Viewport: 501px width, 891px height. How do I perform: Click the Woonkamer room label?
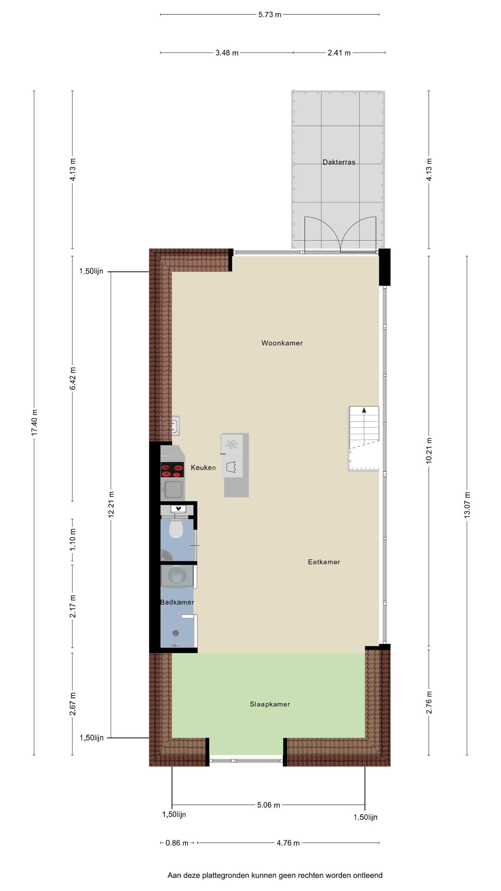pyautogui.click(x=282, y=343)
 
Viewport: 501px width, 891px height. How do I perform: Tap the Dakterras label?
pyautogui.click(x=339, y=162)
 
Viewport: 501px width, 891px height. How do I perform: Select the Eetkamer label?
pyautogui.click(x=324, y=562)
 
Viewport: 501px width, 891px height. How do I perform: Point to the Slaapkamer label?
pyautogui.click(x=270, y=704)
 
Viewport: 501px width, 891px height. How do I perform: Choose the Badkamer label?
pyautogui.click(x=177, y=602)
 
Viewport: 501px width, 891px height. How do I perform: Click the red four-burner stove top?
pyautogui.click(x=172, y=469)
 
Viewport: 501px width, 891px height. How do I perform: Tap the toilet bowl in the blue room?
pyautogui.click(x=176, y=529)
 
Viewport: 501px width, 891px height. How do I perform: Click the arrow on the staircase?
pyautogui.click(x=364, y=410)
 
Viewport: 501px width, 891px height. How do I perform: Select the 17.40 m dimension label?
pyautogui.click(x=34, y=423)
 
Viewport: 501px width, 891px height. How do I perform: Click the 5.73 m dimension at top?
pyautogui.click(x=270, y=15)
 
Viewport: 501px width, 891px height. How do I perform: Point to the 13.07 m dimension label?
pyautogui.click(x=467, y=505)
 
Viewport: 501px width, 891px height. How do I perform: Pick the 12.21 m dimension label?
pyautogui.click(x=111, y=504)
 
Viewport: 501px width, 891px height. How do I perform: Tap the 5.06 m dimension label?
pyautogui.click(x=268, y=805)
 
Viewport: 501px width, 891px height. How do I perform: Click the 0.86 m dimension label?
pyautogui.click(x=177, y=843)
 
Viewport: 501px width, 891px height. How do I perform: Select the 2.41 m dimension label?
pyautogui.click(x=339, y=53)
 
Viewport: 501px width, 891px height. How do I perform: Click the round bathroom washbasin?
pyautogui.click(x=177, y=577)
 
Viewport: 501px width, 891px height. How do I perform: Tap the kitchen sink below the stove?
pyautogui.click(x=173, y=489)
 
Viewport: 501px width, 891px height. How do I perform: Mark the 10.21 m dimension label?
pyautogui.click(x=429, y=450)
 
